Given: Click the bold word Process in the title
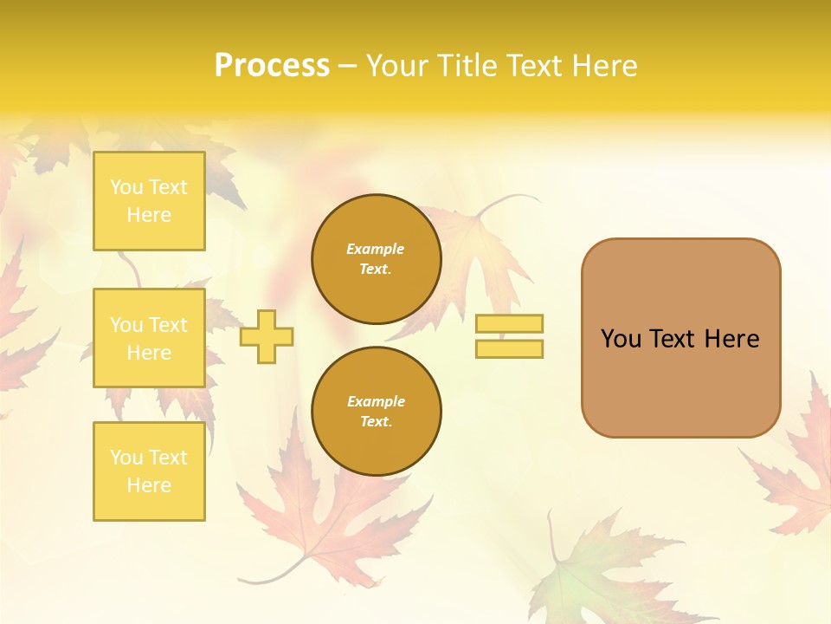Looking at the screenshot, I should tap(272, 66).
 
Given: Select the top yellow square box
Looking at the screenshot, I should tap(149, 201).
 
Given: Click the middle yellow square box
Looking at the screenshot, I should tap(149, 338).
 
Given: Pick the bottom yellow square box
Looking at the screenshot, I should tap(149, 471).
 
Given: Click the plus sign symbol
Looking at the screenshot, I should tap(267, 336).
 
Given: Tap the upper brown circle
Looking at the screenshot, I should tap(376, 259).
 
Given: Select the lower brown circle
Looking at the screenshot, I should tap(376, 412).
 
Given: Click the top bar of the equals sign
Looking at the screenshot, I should tap(509, 324).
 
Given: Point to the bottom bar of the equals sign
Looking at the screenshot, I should tap(509, 349).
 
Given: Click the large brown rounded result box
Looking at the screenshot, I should tap(680, 338).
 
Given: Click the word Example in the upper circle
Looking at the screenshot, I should tap(376, 249).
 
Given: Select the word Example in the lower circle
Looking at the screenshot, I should tap(376, 401).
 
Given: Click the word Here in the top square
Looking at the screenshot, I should tap(149, 215).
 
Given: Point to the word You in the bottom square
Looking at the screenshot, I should tap(126, 458).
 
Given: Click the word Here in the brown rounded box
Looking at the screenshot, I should tap(731, 339).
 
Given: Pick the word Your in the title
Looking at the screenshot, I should tap(396, 66).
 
